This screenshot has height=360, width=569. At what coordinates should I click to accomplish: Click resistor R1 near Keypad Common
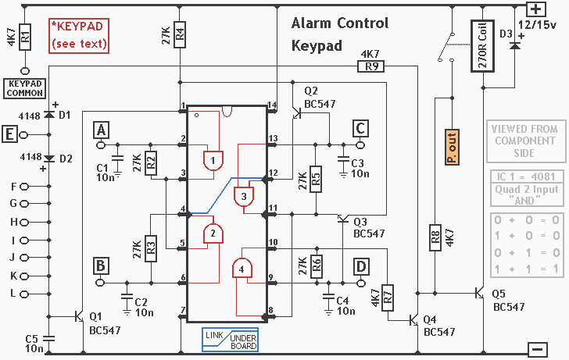tap(25, 37)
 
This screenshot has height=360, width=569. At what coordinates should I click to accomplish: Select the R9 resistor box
tap(370, 66)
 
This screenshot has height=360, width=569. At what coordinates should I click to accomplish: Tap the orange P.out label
tap(452, 147)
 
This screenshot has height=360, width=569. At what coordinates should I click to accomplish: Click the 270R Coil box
tap(482, 46)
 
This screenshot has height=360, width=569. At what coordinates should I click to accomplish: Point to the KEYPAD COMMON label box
tap(25, 88)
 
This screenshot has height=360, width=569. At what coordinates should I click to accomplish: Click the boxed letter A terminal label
tap(102, 130)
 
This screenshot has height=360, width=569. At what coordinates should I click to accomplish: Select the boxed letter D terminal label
tap(361, 267)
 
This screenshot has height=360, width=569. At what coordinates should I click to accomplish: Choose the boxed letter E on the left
tap(9, 134)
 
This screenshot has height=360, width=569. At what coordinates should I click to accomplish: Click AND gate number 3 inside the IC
tap(244, 197)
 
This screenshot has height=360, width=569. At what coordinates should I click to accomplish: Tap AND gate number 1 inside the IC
tap(213, 161)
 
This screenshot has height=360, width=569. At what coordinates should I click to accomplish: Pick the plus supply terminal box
tap(536, 9)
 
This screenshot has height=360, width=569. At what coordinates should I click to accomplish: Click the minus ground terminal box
tap(538, 350)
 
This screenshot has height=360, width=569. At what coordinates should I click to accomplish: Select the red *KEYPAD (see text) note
tap(79, 36)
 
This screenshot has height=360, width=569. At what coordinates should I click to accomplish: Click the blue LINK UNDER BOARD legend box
tap(230, 340)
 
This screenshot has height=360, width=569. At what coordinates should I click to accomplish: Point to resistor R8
tap(435, 237)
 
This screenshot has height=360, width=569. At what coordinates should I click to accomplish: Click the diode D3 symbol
tap(514, 46)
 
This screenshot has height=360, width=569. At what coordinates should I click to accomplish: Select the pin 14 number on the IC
tap(272, 105)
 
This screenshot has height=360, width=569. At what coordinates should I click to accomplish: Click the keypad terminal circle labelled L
tap(24, 294)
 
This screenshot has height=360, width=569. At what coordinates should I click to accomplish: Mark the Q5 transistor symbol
tap(480, 293)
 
